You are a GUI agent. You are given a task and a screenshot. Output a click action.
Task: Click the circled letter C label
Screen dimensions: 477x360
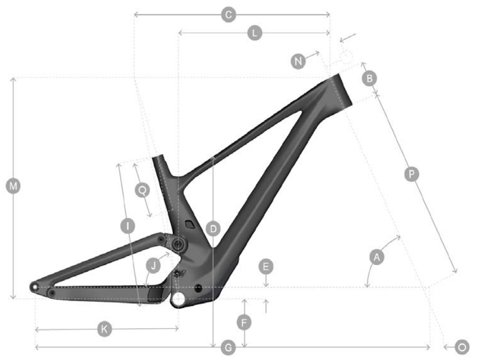point(228,15)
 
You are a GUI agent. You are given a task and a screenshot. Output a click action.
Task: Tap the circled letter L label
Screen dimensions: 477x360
point(254,33)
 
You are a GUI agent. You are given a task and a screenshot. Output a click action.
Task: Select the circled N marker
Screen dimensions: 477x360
point(298,61)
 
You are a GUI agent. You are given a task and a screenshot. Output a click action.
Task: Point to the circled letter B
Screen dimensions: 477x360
point(370,78)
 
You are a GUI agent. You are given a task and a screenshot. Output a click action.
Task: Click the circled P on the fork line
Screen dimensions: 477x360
point(411,174)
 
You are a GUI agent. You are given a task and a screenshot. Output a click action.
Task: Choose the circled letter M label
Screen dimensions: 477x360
point(13,186)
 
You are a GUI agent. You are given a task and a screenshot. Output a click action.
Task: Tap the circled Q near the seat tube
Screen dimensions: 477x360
point(142,190)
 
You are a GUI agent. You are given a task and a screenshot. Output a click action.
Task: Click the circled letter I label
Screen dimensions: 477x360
point(128,226)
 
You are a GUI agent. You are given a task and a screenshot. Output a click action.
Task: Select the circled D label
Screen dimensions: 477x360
point(213,229)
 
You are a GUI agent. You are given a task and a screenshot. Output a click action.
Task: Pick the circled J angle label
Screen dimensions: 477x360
point(153,266)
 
